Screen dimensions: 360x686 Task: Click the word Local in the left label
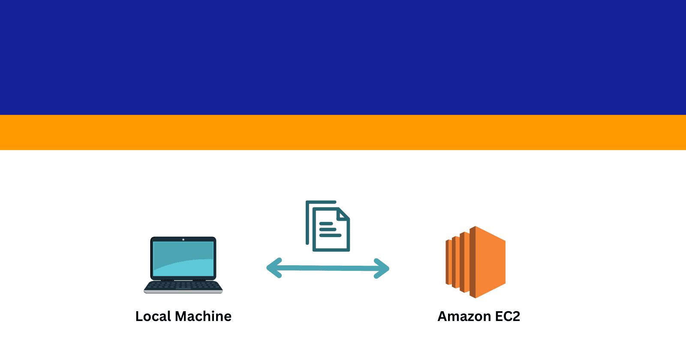pyautogui.click(x=153, y=316)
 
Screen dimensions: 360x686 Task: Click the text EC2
pyautogui.click(x=508, y=316)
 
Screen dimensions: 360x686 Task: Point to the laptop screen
pyautogui.click(x=183, y=259)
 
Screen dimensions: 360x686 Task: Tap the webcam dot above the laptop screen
pyautogui.click(x=183, y=240)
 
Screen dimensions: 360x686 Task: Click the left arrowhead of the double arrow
pyautogui.click(x=274, y=268)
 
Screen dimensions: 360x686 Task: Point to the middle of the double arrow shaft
pyautogui.click(x=328, y=268)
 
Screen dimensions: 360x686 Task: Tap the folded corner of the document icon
pyautogui.click(x=343, y=214)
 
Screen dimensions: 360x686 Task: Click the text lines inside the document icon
pyautogui.click(x=330, y=230)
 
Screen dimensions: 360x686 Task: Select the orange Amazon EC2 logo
pyautogui.click(x=475, y=262)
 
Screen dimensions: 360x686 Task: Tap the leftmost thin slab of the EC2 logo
pyautogui.click(x=447, y=262)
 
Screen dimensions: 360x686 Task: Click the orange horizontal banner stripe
pyautogui.click(x=343, y=132)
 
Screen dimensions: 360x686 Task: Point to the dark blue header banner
pyautogui.click(x=343, y=57)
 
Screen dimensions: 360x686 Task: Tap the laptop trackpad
pyautogui.click(x=183, y=288)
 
